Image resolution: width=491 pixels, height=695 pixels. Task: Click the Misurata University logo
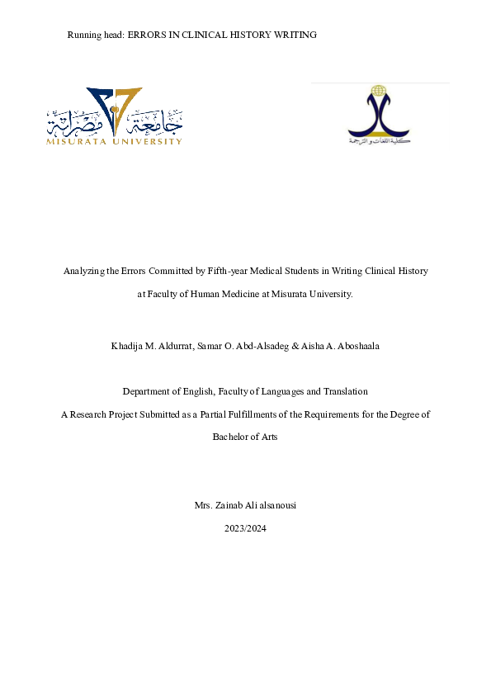click(x=115, y=117)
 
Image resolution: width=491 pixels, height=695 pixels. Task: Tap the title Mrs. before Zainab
click(x=201, y=505)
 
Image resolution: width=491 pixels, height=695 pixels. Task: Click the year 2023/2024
click(x=245, y=527)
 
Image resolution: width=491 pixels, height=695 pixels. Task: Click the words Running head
click(x=95, y=35)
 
